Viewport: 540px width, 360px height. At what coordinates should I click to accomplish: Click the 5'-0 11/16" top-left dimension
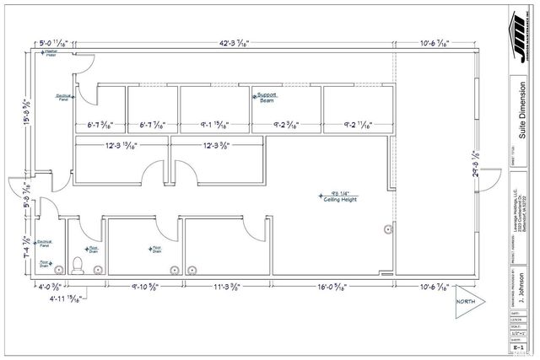coord(56,43)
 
